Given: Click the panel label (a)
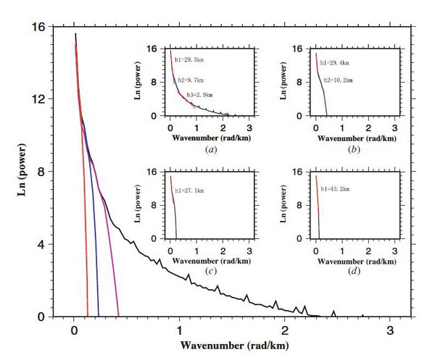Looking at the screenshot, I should click(x=211, y=149).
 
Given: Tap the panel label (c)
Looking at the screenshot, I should click(x=211, y=271).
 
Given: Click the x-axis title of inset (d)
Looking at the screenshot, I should click(x=355, y=259).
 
